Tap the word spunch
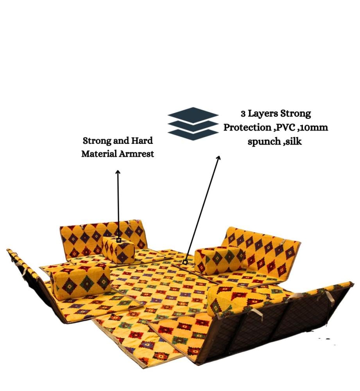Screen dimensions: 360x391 click(x=264, y=142)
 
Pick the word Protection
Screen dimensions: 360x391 click(x=247, y=127)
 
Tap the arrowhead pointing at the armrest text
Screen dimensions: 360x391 click(x=118, y=172)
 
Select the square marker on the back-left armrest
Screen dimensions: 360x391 click(x=119, y=240)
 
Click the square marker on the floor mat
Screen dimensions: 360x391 click(x=185, y=262)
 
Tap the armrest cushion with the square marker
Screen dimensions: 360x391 click(x=118, y=249)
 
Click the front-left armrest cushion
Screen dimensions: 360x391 click(x=81, y=281)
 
